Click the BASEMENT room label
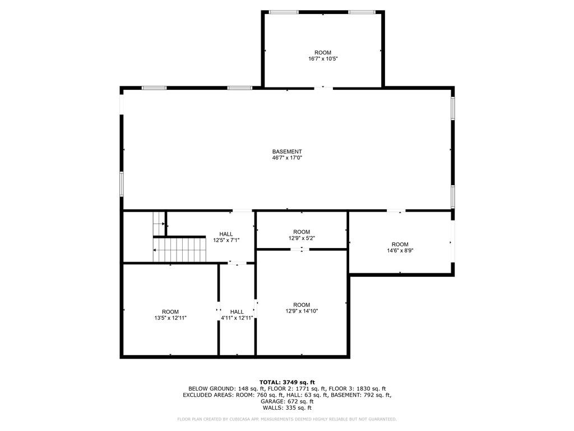[x=287, y=152]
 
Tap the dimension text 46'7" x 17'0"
[x=287, y=158]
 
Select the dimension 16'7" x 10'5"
[x=323, y=58]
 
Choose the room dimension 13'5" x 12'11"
[x=170, y=318]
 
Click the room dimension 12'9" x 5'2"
[x=302, y=238]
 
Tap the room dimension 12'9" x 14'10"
[x=302, y=311]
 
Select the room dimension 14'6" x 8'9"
[x=400, y=250]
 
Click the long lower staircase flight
[x=180, y=250]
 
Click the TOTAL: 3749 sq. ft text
[x=287, y=382]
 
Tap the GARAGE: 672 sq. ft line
[x=287, y=401]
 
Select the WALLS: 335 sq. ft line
[x=287, y=408]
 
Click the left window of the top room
[x=284, y=12]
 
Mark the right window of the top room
[x=362, y=12]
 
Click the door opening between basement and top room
[x=323, y=88]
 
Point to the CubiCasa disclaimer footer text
[x=287, y=419]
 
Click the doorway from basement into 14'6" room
[x=396, y=212]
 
